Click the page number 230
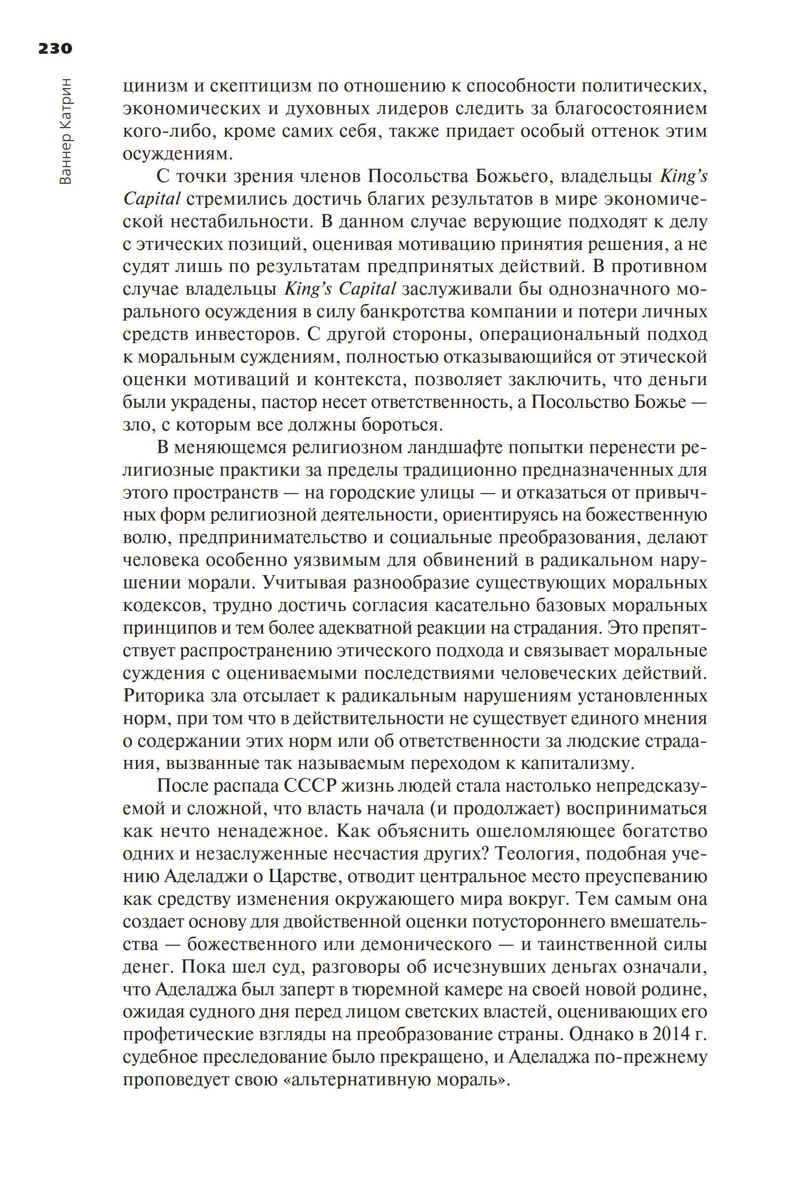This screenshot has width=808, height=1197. tap(55, 49)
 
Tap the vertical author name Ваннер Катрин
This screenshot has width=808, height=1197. tap(66, 132)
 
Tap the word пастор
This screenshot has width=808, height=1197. tap(289, 402)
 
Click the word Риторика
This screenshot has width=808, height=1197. tap(164, 696)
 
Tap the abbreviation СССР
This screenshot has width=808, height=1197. tap(310, 786)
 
